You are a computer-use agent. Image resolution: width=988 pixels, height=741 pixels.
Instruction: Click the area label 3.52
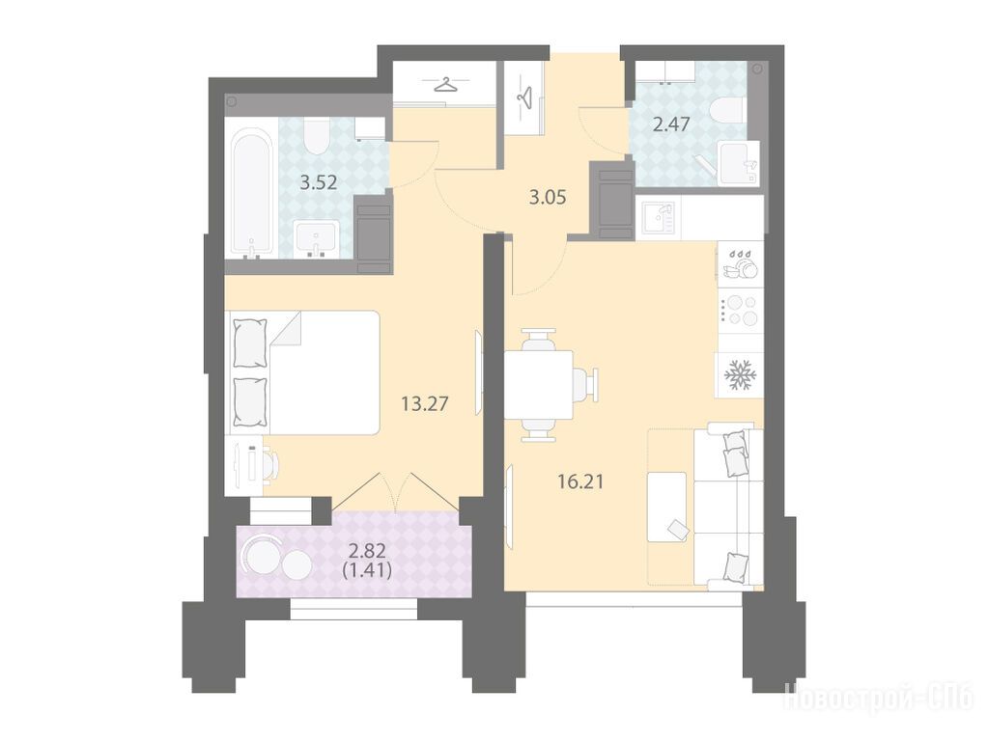318,182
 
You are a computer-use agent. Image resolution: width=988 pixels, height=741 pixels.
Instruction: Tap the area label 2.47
671,124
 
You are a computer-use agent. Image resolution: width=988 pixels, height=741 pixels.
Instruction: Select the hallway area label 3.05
548,198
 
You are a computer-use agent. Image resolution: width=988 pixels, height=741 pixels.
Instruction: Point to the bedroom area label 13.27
425,403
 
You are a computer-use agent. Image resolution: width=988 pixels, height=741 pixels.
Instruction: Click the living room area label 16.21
580,482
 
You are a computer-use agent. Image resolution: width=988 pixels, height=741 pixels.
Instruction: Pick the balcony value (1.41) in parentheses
367,571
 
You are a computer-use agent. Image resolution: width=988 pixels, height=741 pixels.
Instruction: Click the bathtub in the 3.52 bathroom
252,193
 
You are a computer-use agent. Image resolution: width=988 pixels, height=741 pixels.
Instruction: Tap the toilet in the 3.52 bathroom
315,137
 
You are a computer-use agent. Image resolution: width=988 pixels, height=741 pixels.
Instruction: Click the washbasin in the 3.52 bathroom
318,239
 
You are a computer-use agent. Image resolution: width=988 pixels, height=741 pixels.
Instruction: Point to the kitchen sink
658,218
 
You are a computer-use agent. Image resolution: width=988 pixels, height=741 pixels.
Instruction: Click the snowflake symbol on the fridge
739,375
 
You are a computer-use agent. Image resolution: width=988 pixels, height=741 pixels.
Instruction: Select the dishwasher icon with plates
741,263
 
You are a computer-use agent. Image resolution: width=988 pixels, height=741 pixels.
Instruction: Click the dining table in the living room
539,384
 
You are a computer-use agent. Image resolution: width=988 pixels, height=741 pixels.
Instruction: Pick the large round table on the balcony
262,556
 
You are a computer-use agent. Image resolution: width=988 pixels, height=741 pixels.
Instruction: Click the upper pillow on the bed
250,343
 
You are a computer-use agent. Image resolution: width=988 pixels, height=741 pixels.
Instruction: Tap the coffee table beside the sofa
667,507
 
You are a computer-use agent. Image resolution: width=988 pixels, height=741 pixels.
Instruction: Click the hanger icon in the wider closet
446,84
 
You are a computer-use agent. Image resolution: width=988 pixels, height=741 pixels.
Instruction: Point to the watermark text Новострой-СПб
878,698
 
